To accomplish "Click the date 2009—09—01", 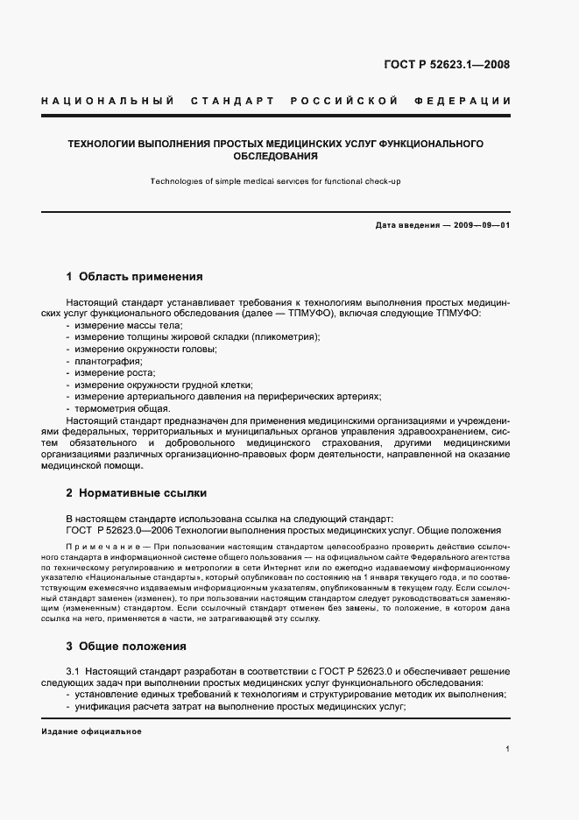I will point(480,226).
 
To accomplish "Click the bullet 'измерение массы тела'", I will point(116,325).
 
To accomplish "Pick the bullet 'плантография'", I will point(109,361).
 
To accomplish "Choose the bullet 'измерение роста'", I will point(109,372).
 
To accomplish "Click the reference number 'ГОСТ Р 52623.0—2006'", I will point(122,530).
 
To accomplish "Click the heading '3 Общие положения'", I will point(126,647).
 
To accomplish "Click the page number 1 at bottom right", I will point(508,750).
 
